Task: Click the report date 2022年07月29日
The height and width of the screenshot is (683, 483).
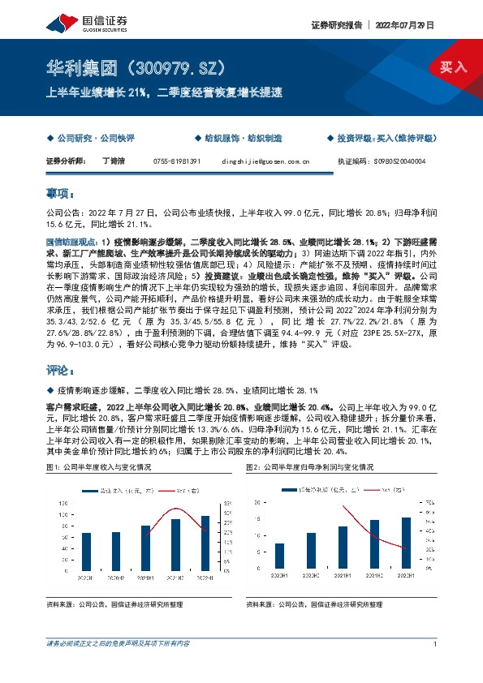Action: [405, 25]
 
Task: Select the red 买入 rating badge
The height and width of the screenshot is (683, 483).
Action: [454, 67]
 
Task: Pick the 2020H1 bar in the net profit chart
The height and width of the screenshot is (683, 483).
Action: [280, 555]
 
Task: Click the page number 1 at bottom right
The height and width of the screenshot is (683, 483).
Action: [437, 643]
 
